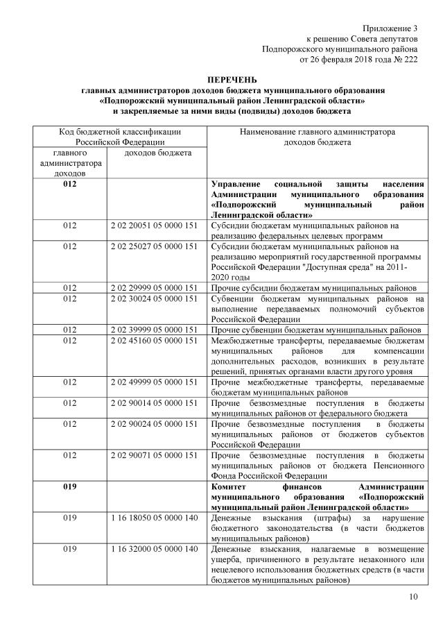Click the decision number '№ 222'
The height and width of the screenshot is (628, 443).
[405, 60]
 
